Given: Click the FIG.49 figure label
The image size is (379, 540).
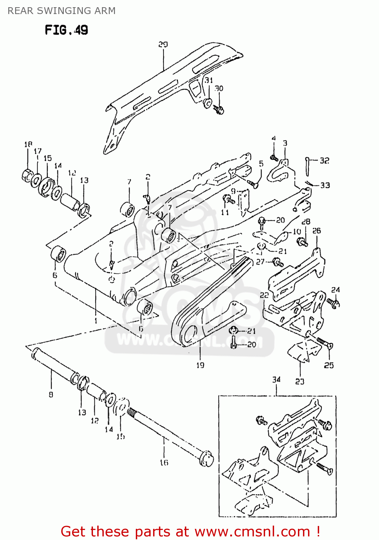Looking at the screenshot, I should tap(66, 30).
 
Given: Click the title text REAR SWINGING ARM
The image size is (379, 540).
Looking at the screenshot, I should tap(62, 11).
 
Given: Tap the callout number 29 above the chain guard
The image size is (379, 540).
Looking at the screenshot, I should tap(163, 44).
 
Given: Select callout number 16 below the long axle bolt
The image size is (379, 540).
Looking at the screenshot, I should tap(164, 462).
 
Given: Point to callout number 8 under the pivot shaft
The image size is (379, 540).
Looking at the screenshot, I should tap(51, 395).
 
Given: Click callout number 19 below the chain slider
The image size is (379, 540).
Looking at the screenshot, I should tap(200, 365).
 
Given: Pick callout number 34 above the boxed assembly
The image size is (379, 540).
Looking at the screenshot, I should tap(276, 379).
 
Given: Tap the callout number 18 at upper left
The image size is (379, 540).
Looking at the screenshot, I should tap(28, 144).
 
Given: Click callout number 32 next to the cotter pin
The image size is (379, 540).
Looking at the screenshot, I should tap(325, 161).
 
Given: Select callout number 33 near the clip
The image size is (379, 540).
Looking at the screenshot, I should tap(325, 185).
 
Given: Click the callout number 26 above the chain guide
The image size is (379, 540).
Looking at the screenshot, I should tap(316, 230).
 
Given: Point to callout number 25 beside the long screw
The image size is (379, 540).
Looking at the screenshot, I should tap(329, 365).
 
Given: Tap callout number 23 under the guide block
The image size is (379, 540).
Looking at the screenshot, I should tap(300, 381).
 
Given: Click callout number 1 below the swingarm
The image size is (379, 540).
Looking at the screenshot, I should tap(96, 320).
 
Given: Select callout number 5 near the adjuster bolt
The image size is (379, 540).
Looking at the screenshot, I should tap(261, 164).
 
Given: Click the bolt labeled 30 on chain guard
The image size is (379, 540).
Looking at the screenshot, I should tap(219, 109).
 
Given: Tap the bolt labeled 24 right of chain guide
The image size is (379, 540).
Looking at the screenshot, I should tap(334, 303).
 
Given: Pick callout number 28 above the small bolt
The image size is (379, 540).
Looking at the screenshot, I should tap(306, 222).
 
